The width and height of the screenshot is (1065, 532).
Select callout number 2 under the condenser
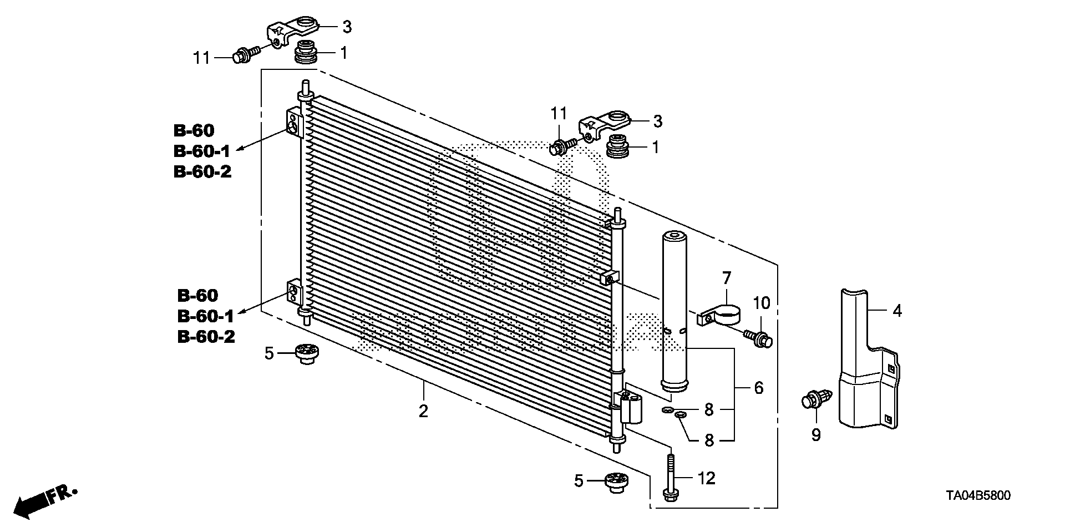click(423, 411)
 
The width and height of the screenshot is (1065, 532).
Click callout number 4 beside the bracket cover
click(897, 311)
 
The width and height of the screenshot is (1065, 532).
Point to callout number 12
click(707, 478)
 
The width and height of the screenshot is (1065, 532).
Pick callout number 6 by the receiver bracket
click(758, 388)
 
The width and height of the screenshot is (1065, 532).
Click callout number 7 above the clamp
click(727, 277)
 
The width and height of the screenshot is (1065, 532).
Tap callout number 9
click(815, 435)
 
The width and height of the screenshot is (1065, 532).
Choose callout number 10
click(762, 303)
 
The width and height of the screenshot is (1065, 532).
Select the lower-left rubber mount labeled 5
click(306, 353)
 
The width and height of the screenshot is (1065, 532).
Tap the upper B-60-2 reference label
click(202, 171)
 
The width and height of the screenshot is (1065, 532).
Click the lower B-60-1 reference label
click(206, 316)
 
